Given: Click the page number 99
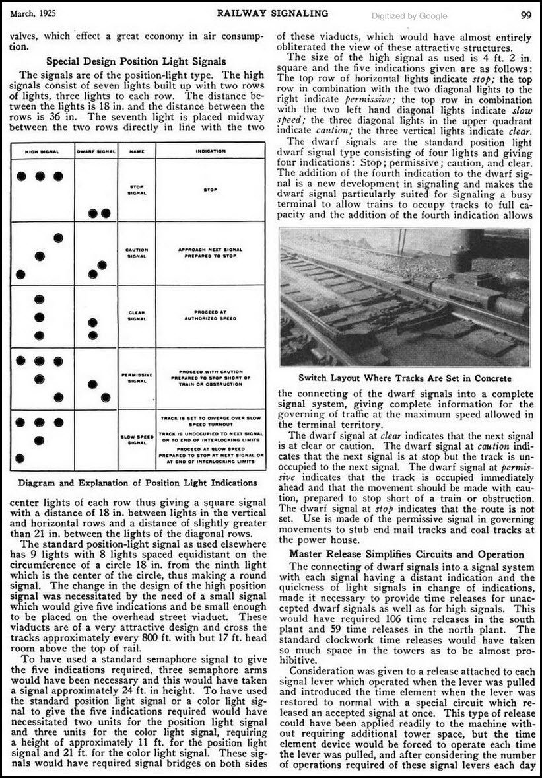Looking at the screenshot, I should (526, 14).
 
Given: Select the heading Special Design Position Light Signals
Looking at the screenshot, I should (137, 61).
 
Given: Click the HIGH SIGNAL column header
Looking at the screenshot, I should (42, 151).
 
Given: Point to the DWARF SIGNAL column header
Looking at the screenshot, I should (96, 151).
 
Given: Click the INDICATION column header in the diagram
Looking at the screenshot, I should (211, 151).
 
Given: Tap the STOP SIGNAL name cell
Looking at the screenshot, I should (137, 190).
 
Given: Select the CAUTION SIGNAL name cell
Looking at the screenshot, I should (137, 253).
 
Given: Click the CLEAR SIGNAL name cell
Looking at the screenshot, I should (137, 315).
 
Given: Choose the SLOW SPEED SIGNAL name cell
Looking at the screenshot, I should (137, 440).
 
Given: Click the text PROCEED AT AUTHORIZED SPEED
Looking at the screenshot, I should (211, 315).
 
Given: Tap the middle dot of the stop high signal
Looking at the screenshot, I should (40, 176).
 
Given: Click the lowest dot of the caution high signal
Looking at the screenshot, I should (21, 274).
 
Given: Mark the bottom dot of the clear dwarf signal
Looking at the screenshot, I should (92, 335).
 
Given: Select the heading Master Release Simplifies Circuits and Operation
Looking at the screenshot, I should (406, 554).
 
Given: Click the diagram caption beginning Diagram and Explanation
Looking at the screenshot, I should (138, 483).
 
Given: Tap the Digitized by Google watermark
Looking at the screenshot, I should (409, 16).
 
